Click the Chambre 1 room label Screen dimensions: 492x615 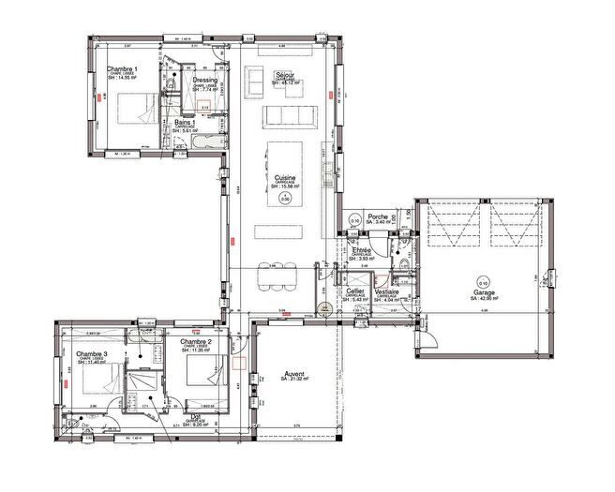click(x=123, y=69)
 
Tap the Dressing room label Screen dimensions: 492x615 click(x=205, y=81)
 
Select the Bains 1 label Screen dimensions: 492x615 click(x=185, y=122)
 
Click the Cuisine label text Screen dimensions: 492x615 click(x=286, y=177)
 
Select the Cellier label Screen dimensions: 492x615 click(x=355, y=291)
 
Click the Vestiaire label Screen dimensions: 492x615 click(x=387, y=291)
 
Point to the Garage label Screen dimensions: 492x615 click(x=485, y=292)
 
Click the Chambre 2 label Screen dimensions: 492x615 click(x=197, y=342)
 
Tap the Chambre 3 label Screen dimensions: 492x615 click(x=92, y=354)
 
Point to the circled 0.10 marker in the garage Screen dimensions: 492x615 click(x=483, y=281)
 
